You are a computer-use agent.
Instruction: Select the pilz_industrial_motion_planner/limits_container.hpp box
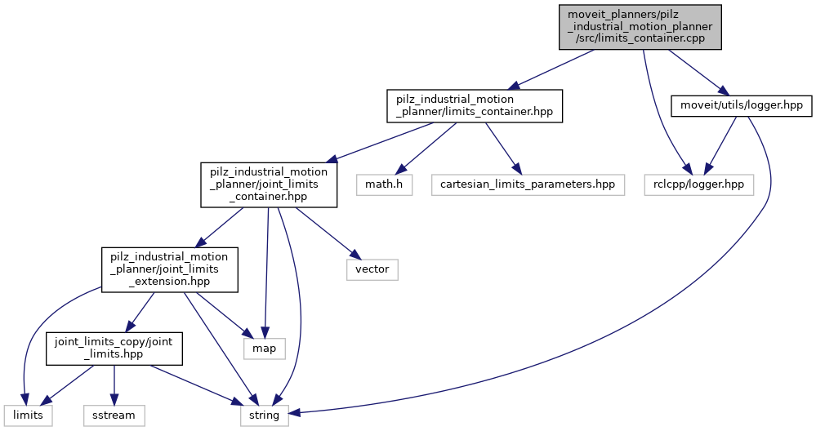[x=475, y=106]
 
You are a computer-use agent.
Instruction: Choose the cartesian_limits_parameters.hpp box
[x=527, y=184]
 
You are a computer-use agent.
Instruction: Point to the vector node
[x=372, y=269]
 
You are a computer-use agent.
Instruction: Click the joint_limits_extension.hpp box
[x=169, y=269]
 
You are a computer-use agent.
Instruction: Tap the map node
[x=264, y=349]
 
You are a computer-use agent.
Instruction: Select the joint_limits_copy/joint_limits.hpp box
[x=114, y=349]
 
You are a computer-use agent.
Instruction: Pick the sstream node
[x=114, y=415]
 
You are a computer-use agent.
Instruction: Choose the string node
[x=264, y=415]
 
